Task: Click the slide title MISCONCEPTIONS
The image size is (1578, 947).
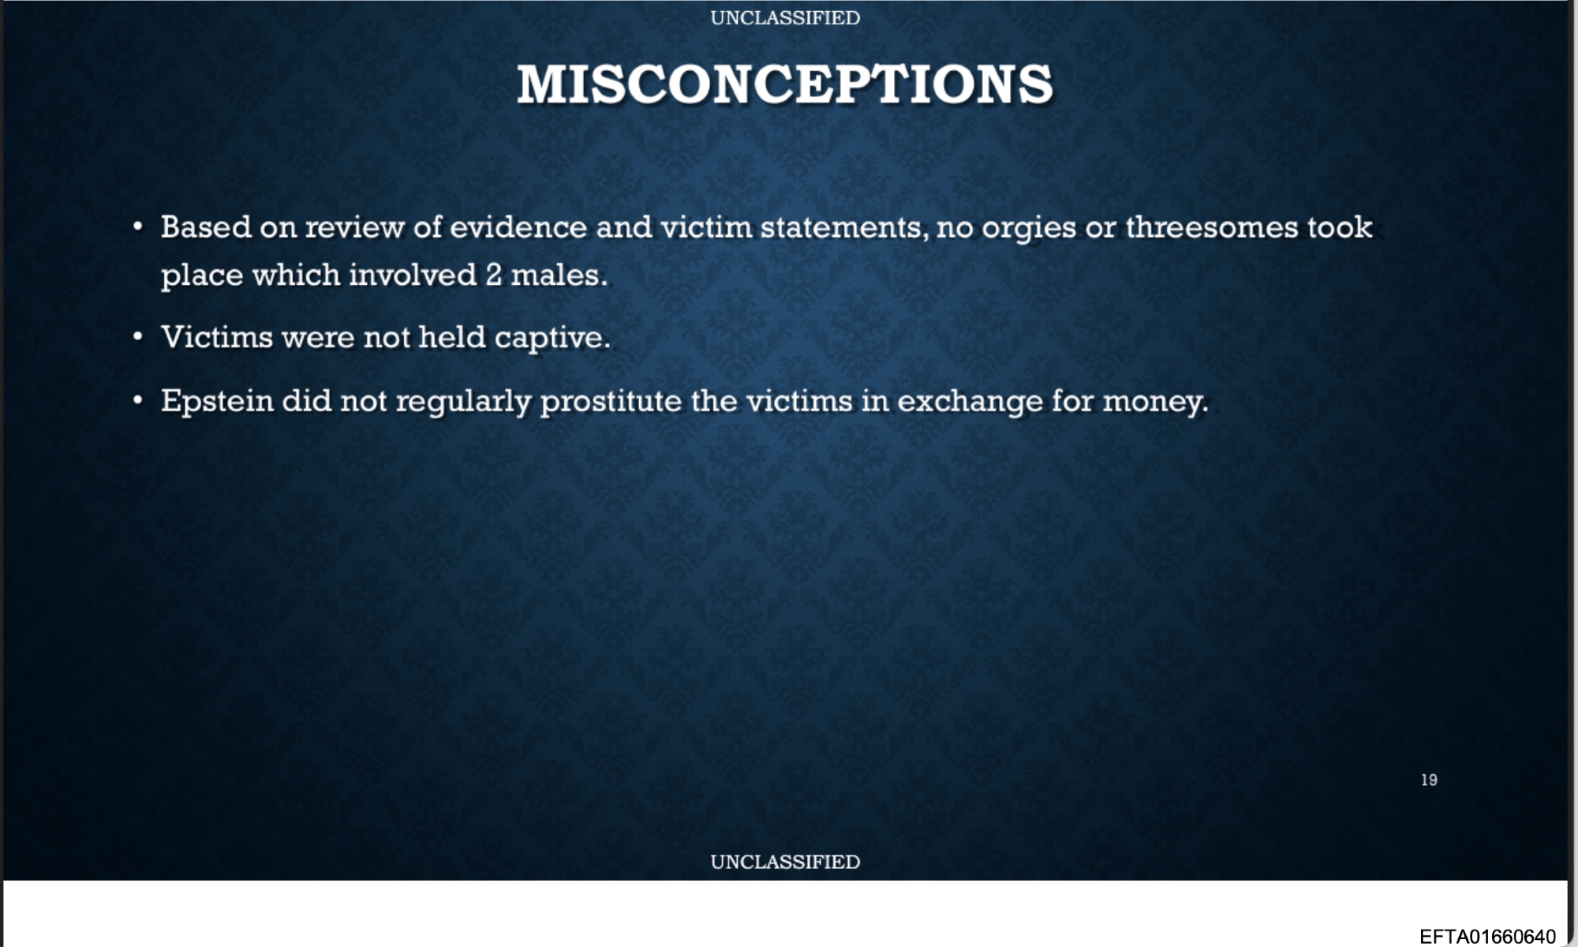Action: pyautogui.click(x=785, y=84)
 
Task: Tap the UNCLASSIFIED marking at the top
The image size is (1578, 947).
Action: pyautogui.click(x=785, y=18)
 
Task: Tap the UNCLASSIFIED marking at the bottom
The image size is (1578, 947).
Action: pyautogui.click(x=785, y=862)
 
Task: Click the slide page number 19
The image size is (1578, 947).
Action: pyautogui.click(x=1429, y=780)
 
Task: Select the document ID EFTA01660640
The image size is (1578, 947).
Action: pyautogui.click(x=1487, y=936)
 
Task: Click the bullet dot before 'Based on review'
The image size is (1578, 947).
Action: pyautogui.click(x=138, y=227)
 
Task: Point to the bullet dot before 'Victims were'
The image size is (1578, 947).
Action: pyautogui.click(x=138, y=338)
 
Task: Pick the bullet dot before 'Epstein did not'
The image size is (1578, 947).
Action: pyautogui.click(x=138, y=401)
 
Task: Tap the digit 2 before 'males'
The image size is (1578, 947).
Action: pyautogui.click(x=494, y=275)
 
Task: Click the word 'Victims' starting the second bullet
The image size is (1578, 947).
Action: pyautogui.click(x=217, y=338)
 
